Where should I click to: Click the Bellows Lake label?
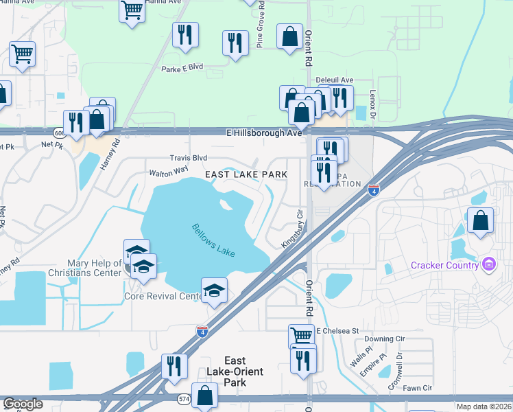(213, 240)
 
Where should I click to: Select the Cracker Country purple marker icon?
(488, 264)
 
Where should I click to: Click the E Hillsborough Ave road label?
(265, 133)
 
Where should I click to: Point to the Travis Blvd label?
(189, 158)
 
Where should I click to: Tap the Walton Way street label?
(169, 170)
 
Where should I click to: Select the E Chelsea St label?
(338, 331)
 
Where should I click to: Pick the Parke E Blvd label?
(182, 68)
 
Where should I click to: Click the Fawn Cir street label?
(418, 389)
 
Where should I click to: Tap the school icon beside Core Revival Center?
(214, 291)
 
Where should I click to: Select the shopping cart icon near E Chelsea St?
(301, 335)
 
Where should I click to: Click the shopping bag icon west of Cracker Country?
(480, 220)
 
